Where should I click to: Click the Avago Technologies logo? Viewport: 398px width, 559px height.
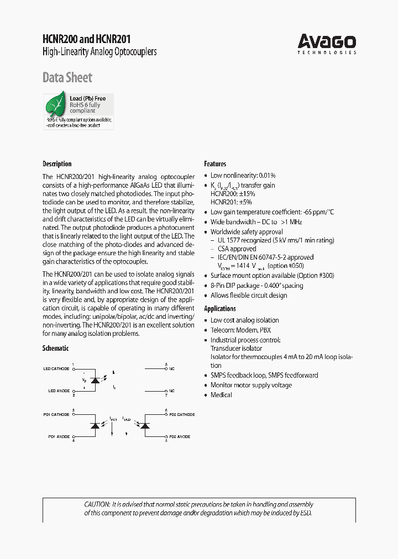point(327,43)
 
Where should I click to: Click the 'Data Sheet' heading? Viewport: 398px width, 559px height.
point(67,78)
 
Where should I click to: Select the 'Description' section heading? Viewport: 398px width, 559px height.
point(57,164)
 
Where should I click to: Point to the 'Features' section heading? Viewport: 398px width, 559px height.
point(215,164)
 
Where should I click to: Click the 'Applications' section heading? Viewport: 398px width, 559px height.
point(220,309)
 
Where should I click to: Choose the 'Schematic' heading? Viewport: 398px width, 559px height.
point(55,348)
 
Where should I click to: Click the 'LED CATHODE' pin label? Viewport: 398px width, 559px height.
point(56,368)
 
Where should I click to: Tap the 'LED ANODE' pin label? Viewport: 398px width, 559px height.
point(59,391)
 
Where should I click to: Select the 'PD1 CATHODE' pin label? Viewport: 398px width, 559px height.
point(56,414)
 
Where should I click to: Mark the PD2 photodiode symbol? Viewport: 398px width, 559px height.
point(145,425)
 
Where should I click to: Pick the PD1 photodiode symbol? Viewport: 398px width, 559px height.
point(95,425)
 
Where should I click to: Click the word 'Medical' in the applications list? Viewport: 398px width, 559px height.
point(221,395)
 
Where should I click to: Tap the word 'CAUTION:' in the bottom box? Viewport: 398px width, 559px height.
point(97,504)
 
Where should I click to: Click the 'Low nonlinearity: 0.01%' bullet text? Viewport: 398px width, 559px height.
point(243,175)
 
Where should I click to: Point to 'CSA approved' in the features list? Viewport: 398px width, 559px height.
point(235,249)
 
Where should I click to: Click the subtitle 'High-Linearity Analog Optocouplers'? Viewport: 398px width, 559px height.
point(99,51)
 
